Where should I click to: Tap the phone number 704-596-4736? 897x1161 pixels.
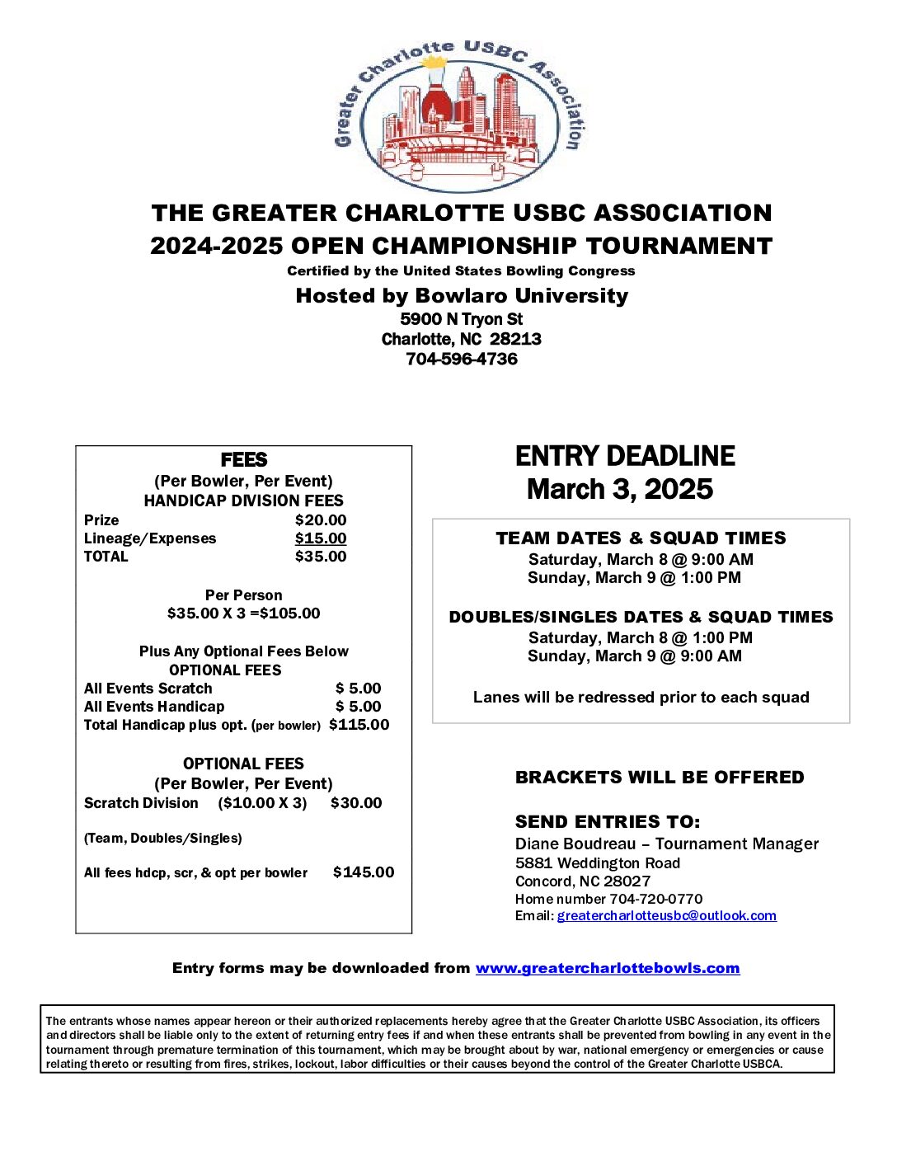(462, 360)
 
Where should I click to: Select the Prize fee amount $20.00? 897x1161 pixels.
(321, 520)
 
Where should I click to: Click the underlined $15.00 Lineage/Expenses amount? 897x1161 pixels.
(321, 538)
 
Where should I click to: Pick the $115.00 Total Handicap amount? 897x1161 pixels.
(359, 725)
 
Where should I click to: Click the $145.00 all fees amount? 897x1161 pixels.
(364, 872)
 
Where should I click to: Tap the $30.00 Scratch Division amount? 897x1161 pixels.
(356, 803)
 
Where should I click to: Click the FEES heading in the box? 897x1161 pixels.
(244, 460)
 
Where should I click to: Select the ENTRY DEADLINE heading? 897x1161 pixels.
(625, 457)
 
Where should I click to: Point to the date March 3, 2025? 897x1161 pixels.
(620, 490)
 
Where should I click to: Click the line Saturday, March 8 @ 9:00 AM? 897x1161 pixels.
(641, 560)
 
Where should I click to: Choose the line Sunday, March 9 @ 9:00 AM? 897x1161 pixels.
(635, 656)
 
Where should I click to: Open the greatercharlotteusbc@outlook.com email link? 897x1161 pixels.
(666, 916)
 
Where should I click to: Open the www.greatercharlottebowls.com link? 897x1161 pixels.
(608, 969)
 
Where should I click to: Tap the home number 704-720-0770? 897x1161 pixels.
(655, 900)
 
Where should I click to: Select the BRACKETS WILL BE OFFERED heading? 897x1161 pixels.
(660, 778)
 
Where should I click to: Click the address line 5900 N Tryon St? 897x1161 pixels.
(462, 319)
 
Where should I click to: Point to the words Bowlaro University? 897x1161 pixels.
(521, 296)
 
